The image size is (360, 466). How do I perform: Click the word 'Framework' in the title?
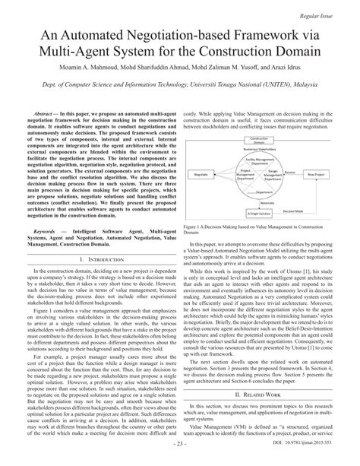pyautogui.click(x=259, y=34)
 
